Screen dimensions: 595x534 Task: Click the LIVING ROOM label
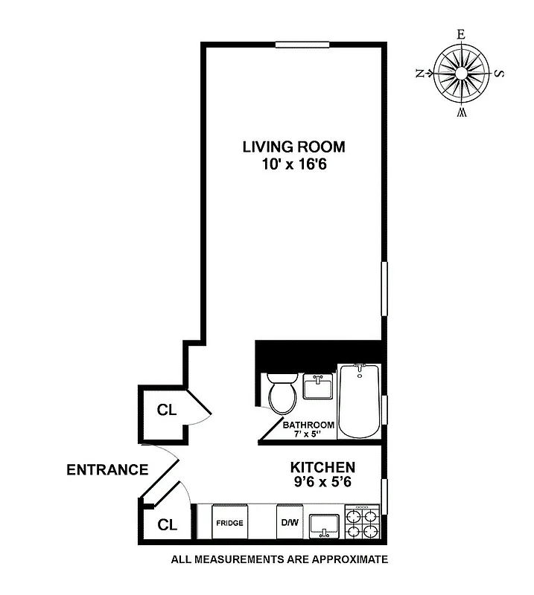tap(293, 146)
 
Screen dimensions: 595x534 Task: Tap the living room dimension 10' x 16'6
tap(293, 165)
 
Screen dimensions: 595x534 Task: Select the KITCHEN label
tap(322, 467)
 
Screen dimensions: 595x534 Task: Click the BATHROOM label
tap(308, 425)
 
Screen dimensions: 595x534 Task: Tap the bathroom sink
tap(319, 387)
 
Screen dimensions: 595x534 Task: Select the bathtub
tap(359, 402)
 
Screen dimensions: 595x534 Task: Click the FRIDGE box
tap(229, 523)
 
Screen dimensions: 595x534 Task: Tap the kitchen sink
tap(325, 524)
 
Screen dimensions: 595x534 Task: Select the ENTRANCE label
tap(107, 470)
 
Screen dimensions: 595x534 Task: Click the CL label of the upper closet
tap(166, 410)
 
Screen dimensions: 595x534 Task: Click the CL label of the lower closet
tap(166, 524)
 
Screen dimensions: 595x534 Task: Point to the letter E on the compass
tap(461, 34)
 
